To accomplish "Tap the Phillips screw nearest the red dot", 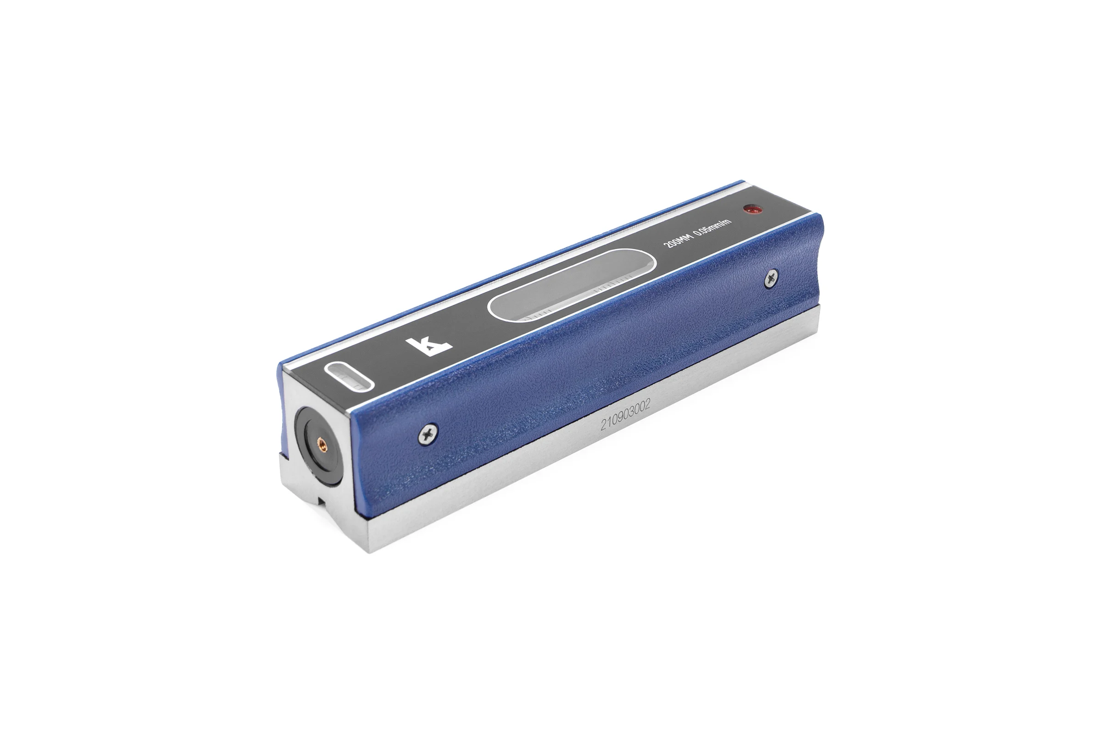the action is (771, 280).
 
